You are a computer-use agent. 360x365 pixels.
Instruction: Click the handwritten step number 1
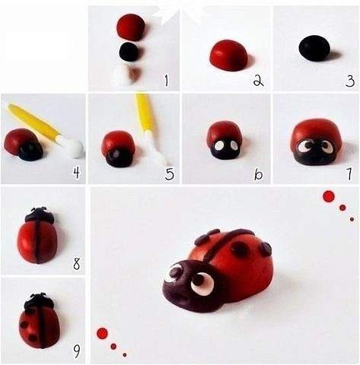166,81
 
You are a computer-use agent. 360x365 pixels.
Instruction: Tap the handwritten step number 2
258,81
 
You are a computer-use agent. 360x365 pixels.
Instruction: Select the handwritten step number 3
350,81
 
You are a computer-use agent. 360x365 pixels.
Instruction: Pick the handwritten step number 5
170,174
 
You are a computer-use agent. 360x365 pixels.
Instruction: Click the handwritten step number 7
349,174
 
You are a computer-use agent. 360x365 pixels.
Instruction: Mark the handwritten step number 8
76,264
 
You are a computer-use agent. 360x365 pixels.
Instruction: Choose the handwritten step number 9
77,351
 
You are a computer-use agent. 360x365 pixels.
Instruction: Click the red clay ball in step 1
131,27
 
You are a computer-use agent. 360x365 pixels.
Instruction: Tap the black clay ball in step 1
129,52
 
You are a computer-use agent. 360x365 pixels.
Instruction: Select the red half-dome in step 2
228,55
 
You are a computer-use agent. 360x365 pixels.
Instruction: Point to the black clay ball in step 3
314,48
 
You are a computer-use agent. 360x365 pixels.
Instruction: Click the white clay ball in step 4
74,148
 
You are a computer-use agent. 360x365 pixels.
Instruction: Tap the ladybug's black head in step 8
40,215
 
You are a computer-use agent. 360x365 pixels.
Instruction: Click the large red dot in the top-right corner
329,196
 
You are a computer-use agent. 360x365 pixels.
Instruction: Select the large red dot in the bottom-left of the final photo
103,333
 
